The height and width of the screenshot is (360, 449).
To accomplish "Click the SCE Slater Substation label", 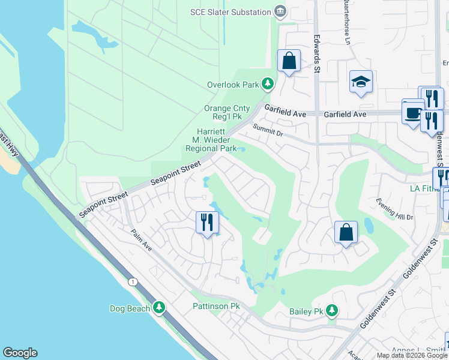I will click(x=231, y=11).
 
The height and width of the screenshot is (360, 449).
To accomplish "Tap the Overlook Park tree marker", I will click(x=268, y=85).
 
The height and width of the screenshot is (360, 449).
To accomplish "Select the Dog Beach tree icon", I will click(x=159, y=308).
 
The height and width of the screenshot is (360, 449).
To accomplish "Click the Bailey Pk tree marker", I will click(x=331, y=311).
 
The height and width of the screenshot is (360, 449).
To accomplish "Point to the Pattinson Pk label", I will click(x=216, y=306).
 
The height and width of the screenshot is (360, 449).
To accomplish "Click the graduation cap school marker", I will click(x=361, y=83).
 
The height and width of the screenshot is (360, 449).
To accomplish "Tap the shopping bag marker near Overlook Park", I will click(x=289, y=61).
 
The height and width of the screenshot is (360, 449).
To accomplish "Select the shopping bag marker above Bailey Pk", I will click(x=346, y=233).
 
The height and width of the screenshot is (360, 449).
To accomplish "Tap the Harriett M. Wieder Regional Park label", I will click(x=211, y=140).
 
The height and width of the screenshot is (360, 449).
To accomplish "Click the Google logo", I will click(x=20, y=353).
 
